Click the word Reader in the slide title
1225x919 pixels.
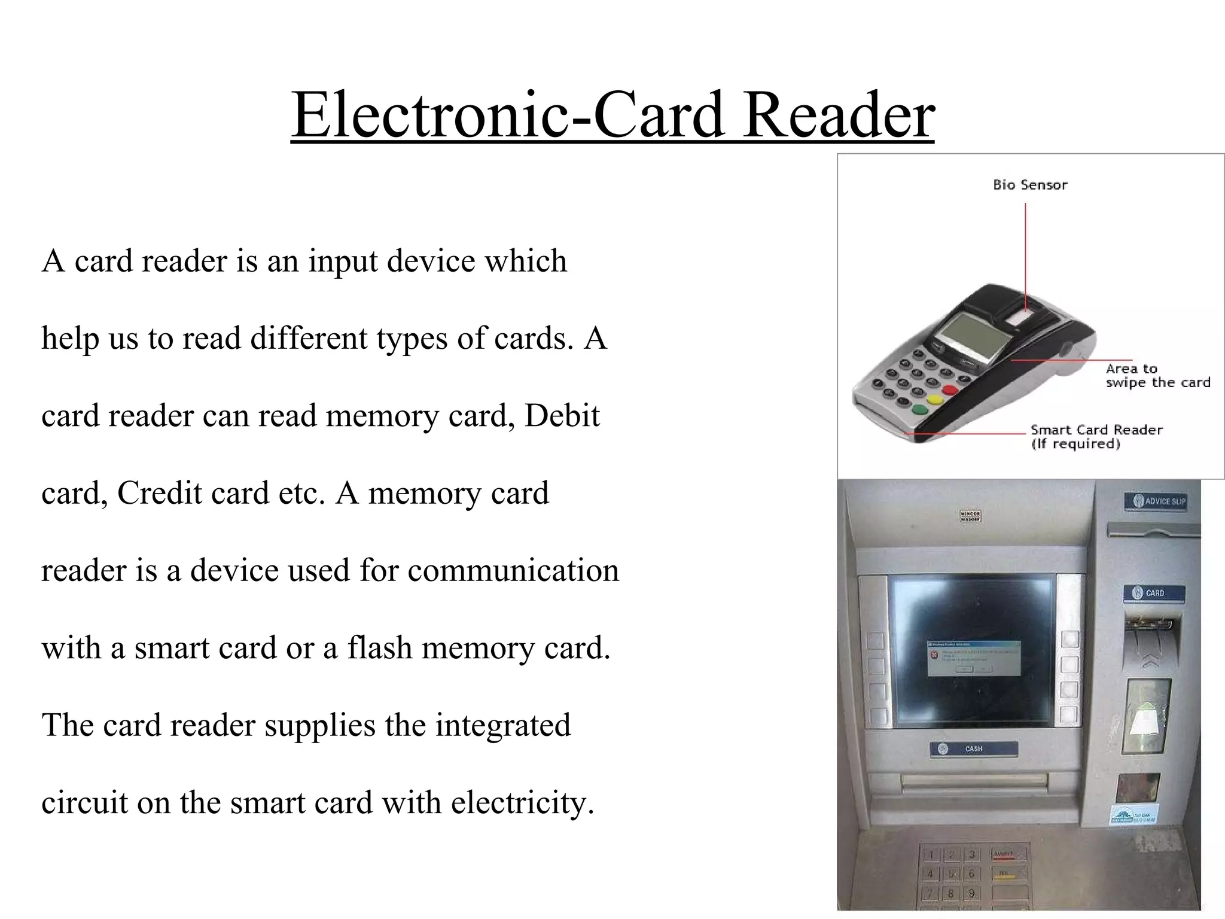[x=839, y=114]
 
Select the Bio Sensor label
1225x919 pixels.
[x=1030, y=185]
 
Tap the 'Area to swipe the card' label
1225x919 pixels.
[x=1157, y=376]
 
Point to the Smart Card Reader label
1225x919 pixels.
[x=1096, y=436]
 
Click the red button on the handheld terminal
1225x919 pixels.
[x=949, y=390]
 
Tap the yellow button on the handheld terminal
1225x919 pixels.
[x=933, y=400]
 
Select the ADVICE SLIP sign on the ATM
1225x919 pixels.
[x=1155, y=501]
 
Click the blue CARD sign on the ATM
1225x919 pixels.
[x=1149, y=593]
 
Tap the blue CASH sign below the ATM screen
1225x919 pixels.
[x=974, y=748]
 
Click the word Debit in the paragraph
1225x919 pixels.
[x=562, y=416]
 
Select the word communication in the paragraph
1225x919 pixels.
[x=513, y=570]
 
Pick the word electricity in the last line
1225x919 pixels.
[x=522, y=803]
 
